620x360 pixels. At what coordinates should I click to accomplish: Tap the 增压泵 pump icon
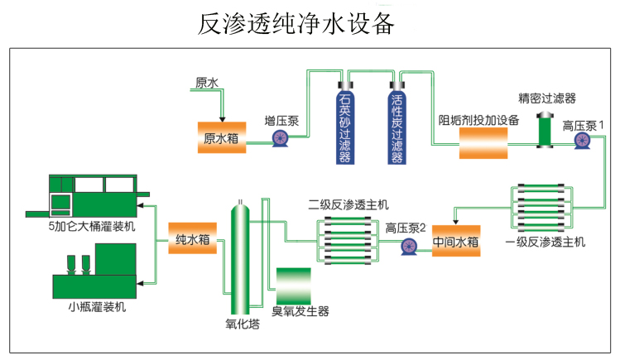(x=280, y=141)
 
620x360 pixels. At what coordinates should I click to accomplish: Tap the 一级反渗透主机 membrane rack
(x=544, y=210)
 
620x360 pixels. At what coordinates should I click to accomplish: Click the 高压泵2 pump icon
(x=408, y=245)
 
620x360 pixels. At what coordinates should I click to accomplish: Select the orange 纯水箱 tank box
(x=192, y=239)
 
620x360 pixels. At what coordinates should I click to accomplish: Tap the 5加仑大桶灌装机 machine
(x=92, y=195)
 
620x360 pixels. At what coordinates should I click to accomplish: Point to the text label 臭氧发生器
(x=300, y=311)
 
